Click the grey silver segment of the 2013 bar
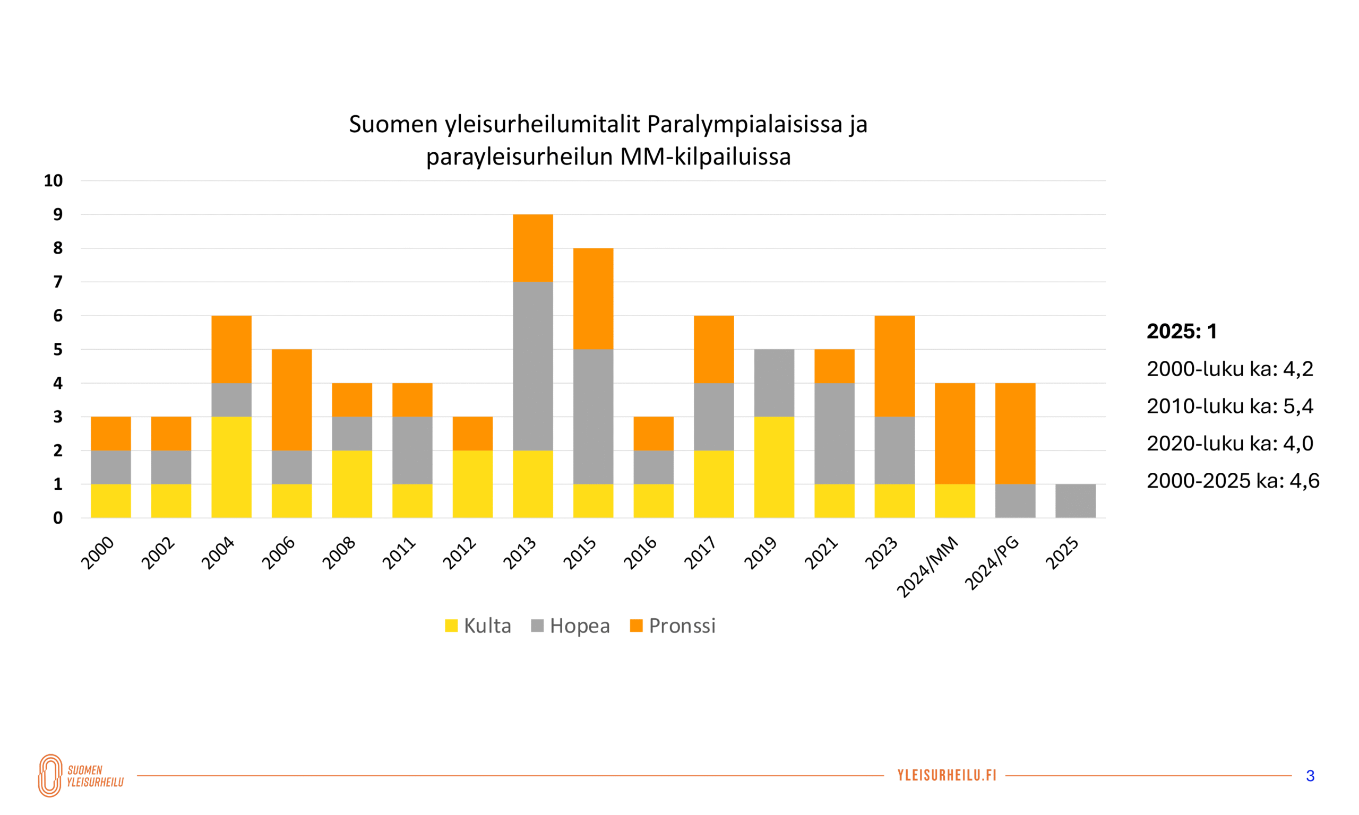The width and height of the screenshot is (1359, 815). pyautogui.click(x=532, y=366)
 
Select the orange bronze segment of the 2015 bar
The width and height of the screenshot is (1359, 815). pyautogui.click(x=593, y=298)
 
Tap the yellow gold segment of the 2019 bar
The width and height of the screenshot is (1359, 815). pyautogui.click(x=773, y=467)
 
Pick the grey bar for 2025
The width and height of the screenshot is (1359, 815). pyautogui.click(x=1075, y=500)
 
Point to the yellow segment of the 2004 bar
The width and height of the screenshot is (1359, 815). pyautogui.click(x=231, y=467)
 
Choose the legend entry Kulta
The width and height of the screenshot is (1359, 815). pyautogui.click(x=478, y=626)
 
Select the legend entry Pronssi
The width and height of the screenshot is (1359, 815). pyautogui.click(x=673, y=626)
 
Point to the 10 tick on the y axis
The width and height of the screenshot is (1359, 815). pyautogui.click(x=53, y=181)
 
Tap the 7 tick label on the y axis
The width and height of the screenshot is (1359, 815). pyautogui.click(x=58, y=282)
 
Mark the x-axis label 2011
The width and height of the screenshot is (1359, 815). pyautogui.click(x=399, y=553)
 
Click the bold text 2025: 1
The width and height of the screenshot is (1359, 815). pyautogui.click(x=1182, y=331)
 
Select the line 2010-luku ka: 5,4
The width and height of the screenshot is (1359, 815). pyautogui.click(x=1229, y=406)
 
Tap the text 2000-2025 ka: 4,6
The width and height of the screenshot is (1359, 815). pyautogui.click(x=1233, y=481)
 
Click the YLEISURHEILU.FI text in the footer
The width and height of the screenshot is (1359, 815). pyautogui.click(x=947, y=775)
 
